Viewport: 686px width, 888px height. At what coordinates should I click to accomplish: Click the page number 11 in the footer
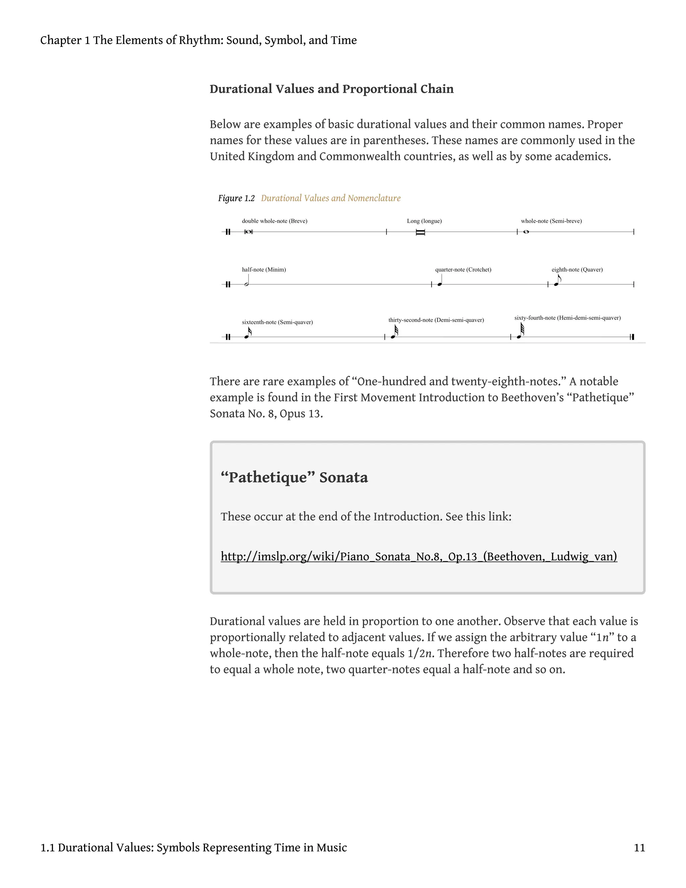click(x=639, y=848)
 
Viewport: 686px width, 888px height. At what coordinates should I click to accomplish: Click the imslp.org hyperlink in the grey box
click(x=419, y=556)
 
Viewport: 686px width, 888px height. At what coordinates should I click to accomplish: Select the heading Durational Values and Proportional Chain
click(x=331, y=89)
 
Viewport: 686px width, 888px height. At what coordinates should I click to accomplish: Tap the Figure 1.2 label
click(x=236, y=198)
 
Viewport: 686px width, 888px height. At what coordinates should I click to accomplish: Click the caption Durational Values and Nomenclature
click(x=330, y=198)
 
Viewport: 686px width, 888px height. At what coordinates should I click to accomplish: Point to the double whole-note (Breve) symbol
click(x=248, y=232)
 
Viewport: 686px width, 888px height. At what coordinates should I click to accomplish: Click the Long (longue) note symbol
click(x=421, y=232)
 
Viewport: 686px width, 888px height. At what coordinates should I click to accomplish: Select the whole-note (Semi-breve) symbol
click(x=526, y=232)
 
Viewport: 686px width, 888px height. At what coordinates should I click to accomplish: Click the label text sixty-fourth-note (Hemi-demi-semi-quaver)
click(x=567, y=318)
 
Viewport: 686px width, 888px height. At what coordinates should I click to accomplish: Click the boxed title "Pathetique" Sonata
click(x=294, y=477)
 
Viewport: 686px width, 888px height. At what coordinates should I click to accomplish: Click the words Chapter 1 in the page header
click(x=65, y=40)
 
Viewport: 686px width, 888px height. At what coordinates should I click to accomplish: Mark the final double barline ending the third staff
click(x=632, y=337)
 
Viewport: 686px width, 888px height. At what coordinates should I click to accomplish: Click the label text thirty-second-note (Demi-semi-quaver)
click(x=436, y=320)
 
